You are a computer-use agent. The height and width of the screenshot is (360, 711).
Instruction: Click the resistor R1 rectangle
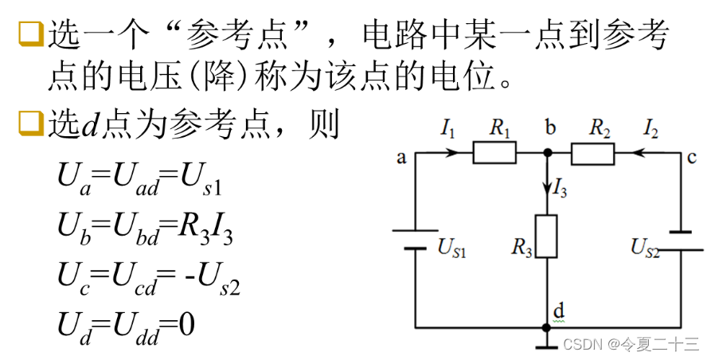point(494,152)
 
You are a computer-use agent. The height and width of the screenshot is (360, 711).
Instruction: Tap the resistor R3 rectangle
point(546,236)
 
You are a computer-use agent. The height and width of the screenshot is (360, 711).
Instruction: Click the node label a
point(402,158)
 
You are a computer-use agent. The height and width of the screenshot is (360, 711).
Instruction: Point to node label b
point(550,127)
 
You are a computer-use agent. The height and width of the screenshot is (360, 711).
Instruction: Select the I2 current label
point(651,127)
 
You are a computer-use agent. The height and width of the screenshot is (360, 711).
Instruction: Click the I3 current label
point(561,190)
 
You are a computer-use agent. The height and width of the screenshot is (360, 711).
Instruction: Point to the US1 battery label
point(451,248)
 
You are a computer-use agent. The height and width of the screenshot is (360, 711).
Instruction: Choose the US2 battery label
point(646,249)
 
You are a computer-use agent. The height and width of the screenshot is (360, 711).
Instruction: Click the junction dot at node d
point(546,327)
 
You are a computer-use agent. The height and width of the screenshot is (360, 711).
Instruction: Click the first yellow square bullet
point(29,33)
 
